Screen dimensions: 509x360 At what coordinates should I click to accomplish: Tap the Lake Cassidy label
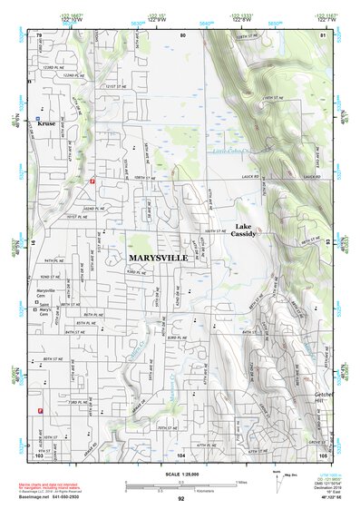(243, 230)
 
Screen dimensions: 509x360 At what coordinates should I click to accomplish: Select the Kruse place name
(47, 124)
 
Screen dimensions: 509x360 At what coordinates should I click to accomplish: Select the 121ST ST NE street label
(114, 87)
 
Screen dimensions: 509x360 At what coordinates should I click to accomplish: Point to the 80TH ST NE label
(52, 359)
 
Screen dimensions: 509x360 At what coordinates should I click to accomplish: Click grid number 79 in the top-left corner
(39, 35)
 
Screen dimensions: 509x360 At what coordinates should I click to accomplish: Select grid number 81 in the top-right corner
(323, 35)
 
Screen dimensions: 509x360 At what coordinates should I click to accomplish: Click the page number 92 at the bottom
(180, 498)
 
